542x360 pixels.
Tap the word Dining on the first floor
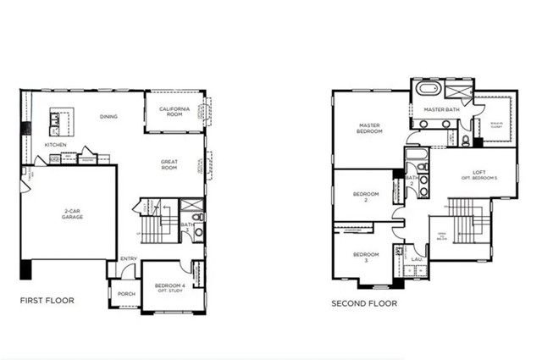point(108,117)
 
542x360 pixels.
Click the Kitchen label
point(55,145)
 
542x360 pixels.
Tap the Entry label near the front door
point(129,259)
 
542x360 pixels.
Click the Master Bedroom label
point(368,129)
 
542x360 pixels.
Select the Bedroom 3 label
point(365,257)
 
